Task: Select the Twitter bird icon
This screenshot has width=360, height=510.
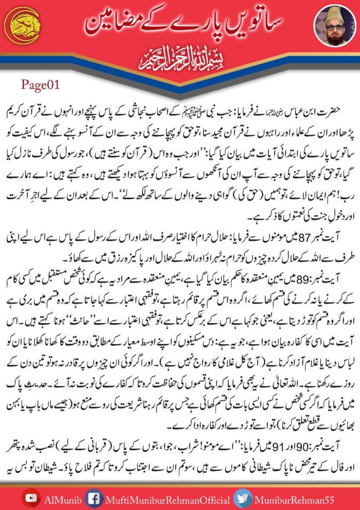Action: (x=242, y=497)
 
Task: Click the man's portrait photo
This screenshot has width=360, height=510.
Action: (x=335, y=26)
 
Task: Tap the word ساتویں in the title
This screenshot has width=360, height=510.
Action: (x=257, y=23)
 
